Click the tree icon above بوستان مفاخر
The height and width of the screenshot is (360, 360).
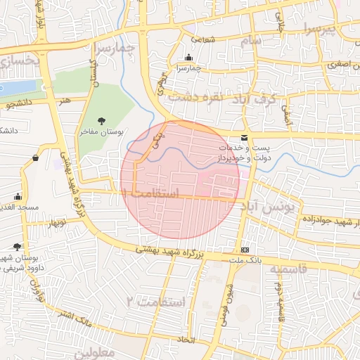[101, 121]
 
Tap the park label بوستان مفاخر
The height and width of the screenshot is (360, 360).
[101, 131]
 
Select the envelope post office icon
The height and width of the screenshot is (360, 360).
[244, 137]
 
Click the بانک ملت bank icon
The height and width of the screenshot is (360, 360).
[245, 250]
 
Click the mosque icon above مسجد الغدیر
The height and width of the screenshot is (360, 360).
[17, 197]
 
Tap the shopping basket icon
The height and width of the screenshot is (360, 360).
[35, 158]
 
